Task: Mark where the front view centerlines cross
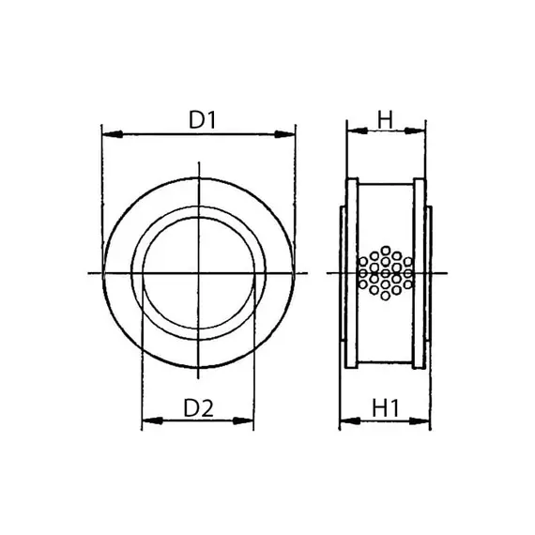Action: (199, 273)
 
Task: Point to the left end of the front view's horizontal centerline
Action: (87, 273)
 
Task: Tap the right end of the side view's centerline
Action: (449, 273)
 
